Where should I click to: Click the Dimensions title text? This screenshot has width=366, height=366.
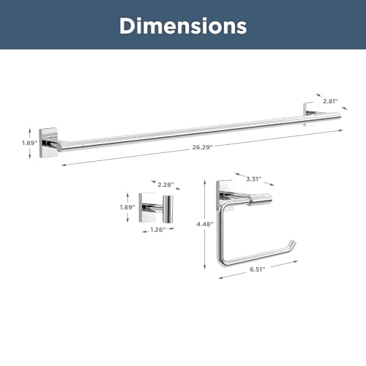183,26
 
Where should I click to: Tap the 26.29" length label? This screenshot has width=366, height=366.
203,147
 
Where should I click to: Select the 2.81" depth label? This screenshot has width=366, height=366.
331,101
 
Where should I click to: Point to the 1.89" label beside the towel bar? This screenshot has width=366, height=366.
30,143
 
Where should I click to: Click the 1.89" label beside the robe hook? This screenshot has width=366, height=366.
127,207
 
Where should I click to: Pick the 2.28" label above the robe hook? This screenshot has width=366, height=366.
165,184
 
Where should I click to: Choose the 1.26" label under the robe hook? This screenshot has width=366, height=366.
158,230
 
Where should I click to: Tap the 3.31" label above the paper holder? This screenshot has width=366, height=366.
253,179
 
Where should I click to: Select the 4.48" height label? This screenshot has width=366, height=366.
205,224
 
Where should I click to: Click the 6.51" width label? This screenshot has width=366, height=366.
258,269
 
